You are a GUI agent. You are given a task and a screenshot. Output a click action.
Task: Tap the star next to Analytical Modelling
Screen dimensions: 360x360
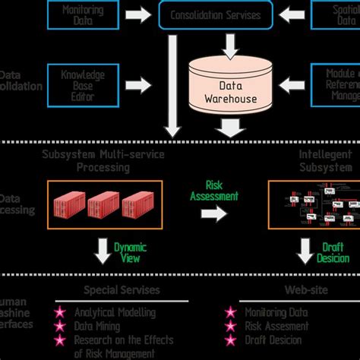click(x=60, y=312)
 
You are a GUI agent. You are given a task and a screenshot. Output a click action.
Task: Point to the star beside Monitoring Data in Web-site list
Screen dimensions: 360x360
click(x=230, y=312)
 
